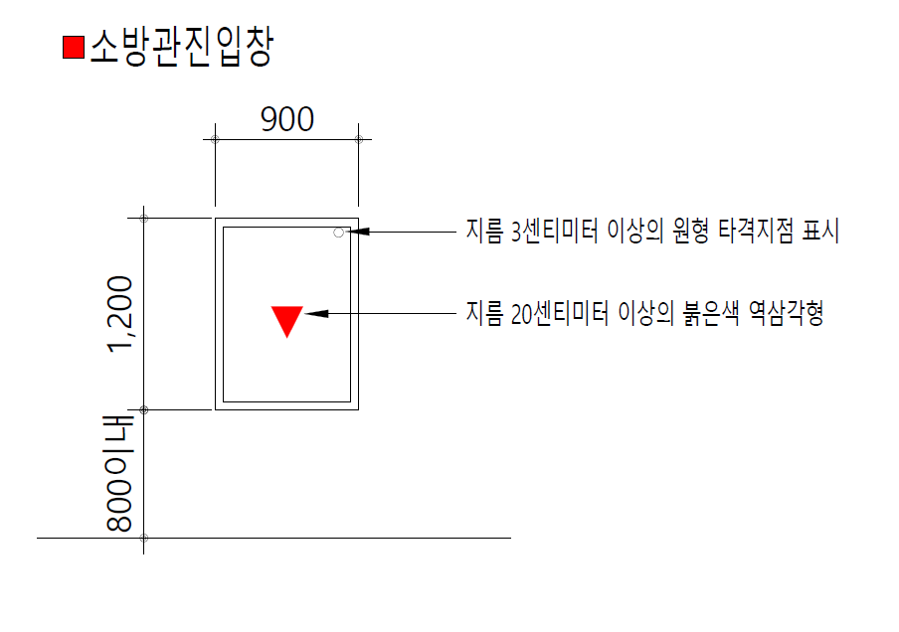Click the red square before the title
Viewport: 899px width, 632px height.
click(73, 48)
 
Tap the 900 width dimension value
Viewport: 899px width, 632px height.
click(287, 120)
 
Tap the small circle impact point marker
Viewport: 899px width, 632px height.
click(339, 233)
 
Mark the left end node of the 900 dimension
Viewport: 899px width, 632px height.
click(216, 139)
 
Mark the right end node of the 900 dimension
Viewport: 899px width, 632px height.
click(359, 139)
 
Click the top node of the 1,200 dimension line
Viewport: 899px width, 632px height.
click(144, 218)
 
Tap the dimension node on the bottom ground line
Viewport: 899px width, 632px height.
click(144, 539)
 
